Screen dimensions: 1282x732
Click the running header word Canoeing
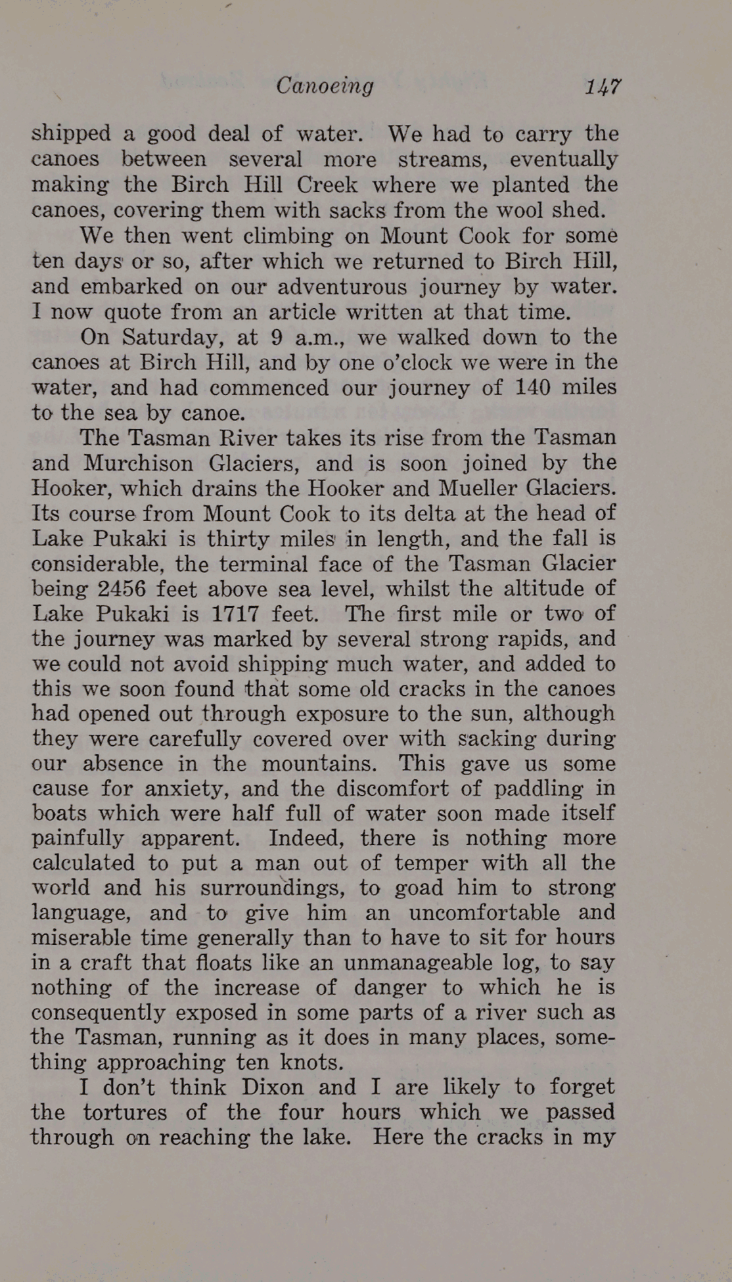325,86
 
